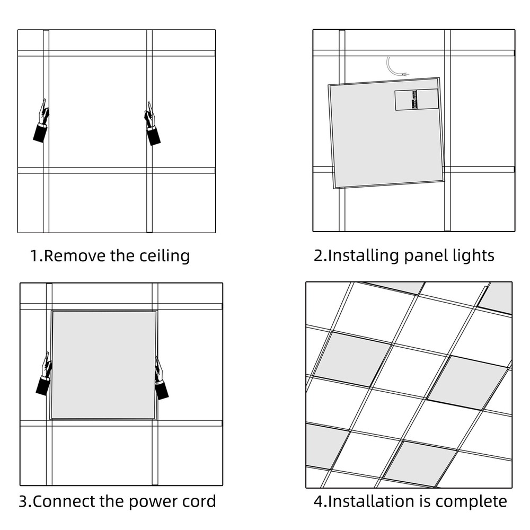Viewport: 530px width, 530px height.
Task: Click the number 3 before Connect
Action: (23, 501)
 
